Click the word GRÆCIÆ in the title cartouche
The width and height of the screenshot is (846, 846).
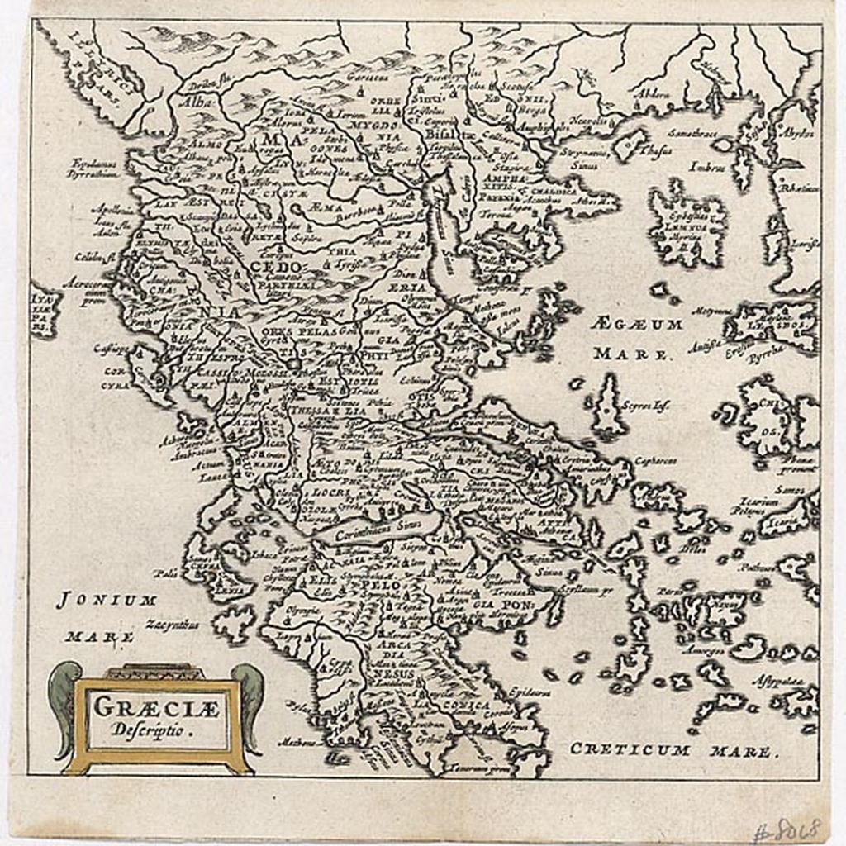click(158, 706)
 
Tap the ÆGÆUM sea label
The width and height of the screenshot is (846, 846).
click(637, 324)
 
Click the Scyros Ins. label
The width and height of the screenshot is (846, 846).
click(650, 406)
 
